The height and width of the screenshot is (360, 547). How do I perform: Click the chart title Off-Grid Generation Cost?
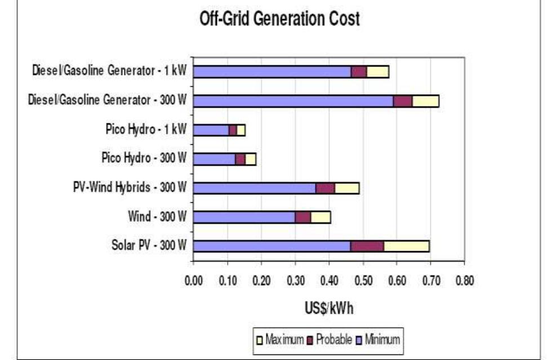(279, 19)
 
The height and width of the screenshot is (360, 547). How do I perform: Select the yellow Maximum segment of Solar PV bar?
(406, 246)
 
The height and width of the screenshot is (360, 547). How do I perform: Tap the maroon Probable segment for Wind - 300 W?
(303, 217)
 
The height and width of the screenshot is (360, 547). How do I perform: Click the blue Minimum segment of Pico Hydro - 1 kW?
(211, 130)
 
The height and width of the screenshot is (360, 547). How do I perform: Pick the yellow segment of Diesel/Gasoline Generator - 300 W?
(425, 101)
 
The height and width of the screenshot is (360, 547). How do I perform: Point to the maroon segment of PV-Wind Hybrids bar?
(325, 188)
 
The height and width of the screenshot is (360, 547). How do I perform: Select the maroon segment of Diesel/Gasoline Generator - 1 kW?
(359, 72)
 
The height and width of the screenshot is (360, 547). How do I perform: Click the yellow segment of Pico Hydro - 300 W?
(251, 159)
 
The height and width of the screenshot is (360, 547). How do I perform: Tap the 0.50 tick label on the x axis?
(363, 281)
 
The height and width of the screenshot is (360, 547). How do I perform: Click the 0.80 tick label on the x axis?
(465, 281)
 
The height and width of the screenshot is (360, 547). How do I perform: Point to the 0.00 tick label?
(194, 281)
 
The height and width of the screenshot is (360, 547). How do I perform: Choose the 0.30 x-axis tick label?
(296, 281)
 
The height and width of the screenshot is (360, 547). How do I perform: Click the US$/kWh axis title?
(329, 308)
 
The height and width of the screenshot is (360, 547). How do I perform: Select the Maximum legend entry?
(280, 339)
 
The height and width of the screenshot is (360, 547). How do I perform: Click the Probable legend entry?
(330, 339)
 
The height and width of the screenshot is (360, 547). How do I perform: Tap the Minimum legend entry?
(378, 339)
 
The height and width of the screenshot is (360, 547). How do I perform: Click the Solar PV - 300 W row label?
(149, 245)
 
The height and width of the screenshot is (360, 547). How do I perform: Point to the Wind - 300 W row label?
(157, 216)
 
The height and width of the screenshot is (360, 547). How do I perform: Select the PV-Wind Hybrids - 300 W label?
(130, 187)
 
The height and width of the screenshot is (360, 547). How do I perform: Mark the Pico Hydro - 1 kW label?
(146, 129)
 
